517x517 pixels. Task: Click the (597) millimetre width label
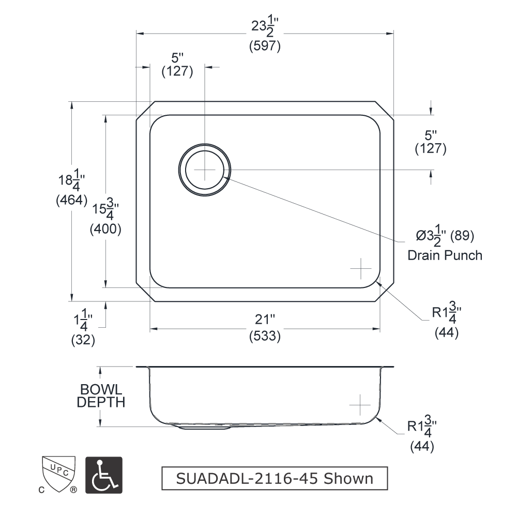(265, 45)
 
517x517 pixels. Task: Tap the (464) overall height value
(71, 200)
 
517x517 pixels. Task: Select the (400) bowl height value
(105, 229)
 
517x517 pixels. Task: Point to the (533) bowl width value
(265, 336)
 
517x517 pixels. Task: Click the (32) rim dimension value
(83, 340)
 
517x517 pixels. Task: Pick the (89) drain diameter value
(462, 235)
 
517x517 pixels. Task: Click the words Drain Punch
(445, 255)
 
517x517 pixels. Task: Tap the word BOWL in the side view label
(101, 389)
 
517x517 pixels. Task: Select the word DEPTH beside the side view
(101, 402)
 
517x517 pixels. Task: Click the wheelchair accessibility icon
(104, 475)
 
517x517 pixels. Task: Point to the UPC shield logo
(59, 474)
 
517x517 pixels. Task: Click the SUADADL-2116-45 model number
(247, 479)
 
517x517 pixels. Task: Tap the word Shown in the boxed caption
(348, 479)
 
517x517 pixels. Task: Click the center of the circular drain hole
(204, 170)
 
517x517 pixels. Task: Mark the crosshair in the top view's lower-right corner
(361, 268)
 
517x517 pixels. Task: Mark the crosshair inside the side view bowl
(360, 405)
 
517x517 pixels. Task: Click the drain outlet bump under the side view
(204, 428)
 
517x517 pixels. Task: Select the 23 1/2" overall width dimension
(265, 26)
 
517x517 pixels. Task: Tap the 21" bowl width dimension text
(265, 319)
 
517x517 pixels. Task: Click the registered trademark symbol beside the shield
(74, 490)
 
